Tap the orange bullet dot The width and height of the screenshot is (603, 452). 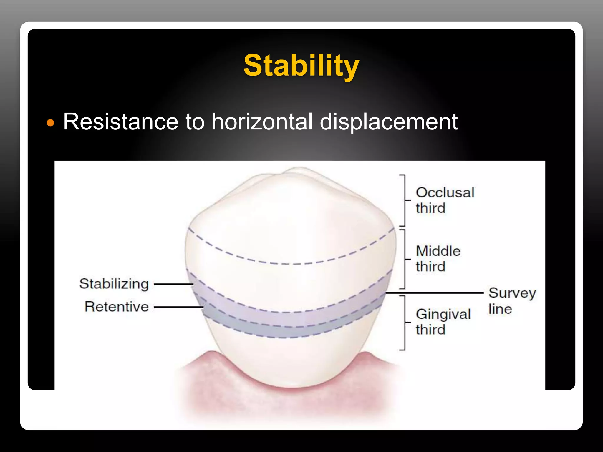[51, 123]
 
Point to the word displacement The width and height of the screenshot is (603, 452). [388, 122]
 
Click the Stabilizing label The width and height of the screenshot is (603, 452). [114, 284]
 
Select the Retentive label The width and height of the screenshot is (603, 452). [117, 307]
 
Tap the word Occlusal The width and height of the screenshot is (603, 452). [445, 193]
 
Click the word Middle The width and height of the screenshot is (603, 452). [438, 251]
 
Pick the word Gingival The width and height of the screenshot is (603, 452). [443, 314]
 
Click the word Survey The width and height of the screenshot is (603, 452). [512, 293]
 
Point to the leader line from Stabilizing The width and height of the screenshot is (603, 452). [174, 284]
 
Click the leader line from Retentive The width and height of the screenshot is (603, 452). [178, 307]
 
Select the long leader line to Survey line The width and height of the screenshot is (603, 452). [434, 293]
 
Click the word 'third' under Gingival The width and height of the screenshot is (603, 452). [430, 330]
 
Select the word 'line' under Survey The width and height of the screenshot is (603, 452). [500, 309]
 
